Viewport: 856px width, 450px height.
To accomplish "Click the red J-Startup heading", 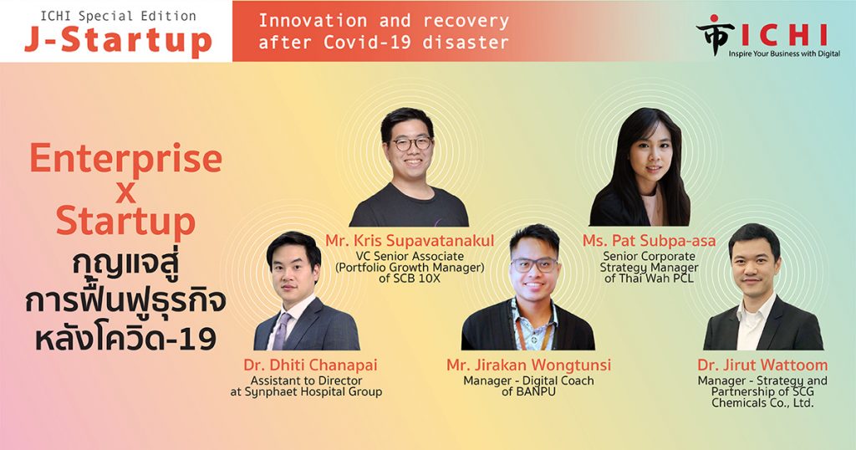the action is (118, 42).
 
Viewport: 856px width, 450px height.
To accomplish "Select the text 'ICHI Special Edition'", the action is (118, 17).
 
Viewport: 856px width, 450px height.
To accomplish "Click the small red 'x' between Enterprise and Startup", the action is (125, 192).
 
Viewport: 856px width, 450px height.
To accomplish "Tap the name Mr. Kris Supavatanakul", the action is (410, 240).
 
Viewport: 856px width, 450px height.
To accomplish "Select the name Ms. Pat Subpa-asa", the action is (649, 240).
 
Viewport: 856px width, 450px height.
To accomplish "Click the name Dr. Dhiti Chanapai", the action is (311, 365).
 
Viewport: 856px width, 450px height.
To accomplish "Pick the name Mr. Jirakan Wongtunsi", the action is (528, 365).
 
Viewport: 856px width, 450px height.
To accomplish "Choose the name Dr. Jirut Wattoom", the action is (762, 365).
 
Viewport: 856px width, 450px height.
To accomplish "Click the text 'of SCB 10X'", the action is (410, 279).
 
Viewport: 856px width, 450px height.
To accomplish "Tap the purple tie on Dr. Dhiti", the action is (281, 331).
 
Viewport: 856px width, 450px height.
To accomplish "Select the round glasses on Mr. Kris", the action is (412, 144).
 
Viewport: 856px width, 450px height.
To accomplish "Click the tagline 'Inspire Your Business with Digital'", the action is (784, 54).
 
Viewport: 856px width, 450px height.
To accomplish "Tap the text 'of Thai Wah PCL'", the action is (649, 279).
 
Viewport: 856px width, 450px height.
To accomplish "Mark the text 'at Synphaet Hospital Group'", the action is (306, 392).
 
